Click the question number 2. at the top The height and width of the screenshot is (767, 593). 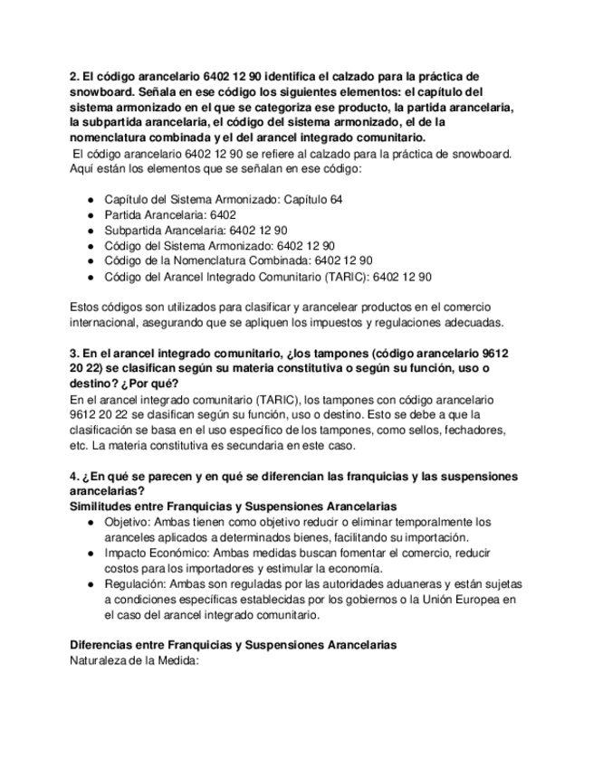(75, 76)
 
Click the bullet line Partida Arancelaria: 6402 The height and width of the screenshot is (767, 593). (169, 214)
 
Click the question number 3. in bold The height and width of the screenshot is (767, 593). (75, 353)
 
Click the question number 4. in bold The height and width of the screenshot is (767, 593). (75, 476)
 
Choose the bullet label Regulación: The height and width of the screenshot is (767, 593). (135, 583)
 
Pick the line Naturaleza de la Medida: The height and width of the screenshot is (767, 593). (134, 660)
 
